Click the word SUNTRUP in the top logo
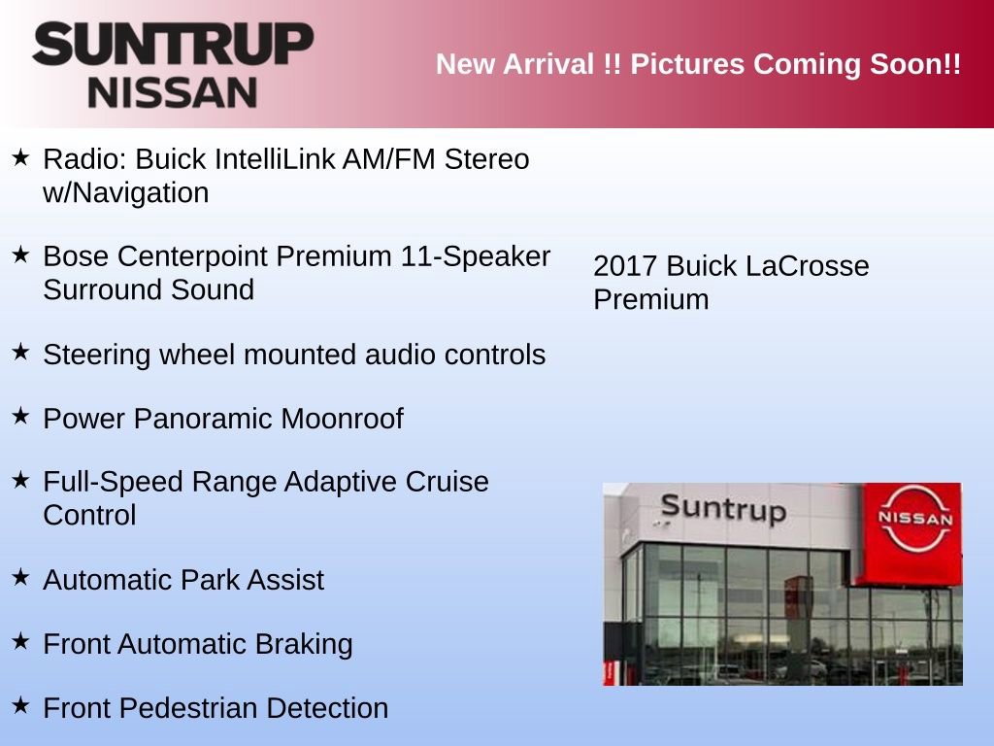(173, 45)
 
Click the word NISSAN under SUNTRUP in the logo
(173, 93)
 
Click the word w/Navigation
(126, 192)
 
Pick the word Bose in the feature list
(76, 256)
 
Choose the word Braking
(304, 644)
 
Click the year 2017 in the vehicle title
(626, 266)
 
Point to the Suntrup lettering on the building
(723, 508)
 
